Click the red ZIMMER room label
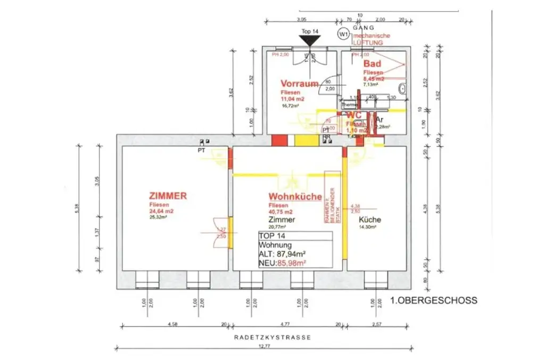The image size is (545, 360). pos(168,196)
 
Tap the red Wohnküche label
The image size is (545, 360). pos(295,197)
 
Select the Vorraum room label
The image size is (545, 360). pos(300,84)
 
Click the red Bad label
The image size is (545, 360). pos(372,64)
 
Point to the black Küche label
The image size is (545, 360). pos(369,219)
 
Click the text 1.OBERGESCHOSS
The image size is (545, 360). pos(433,301)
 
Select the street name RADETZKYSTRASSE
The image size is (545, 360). pos(271,338)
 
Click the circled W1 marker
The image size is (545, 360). pos(343,34)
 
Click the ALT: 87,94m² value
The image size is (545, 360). pos(285,254)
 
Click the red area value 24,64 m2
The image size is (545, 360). pos(162,210)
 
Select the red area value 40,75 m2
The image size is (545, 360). pos(281,211)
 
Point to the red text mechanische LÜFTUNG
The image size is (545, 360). pos(372,39)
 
